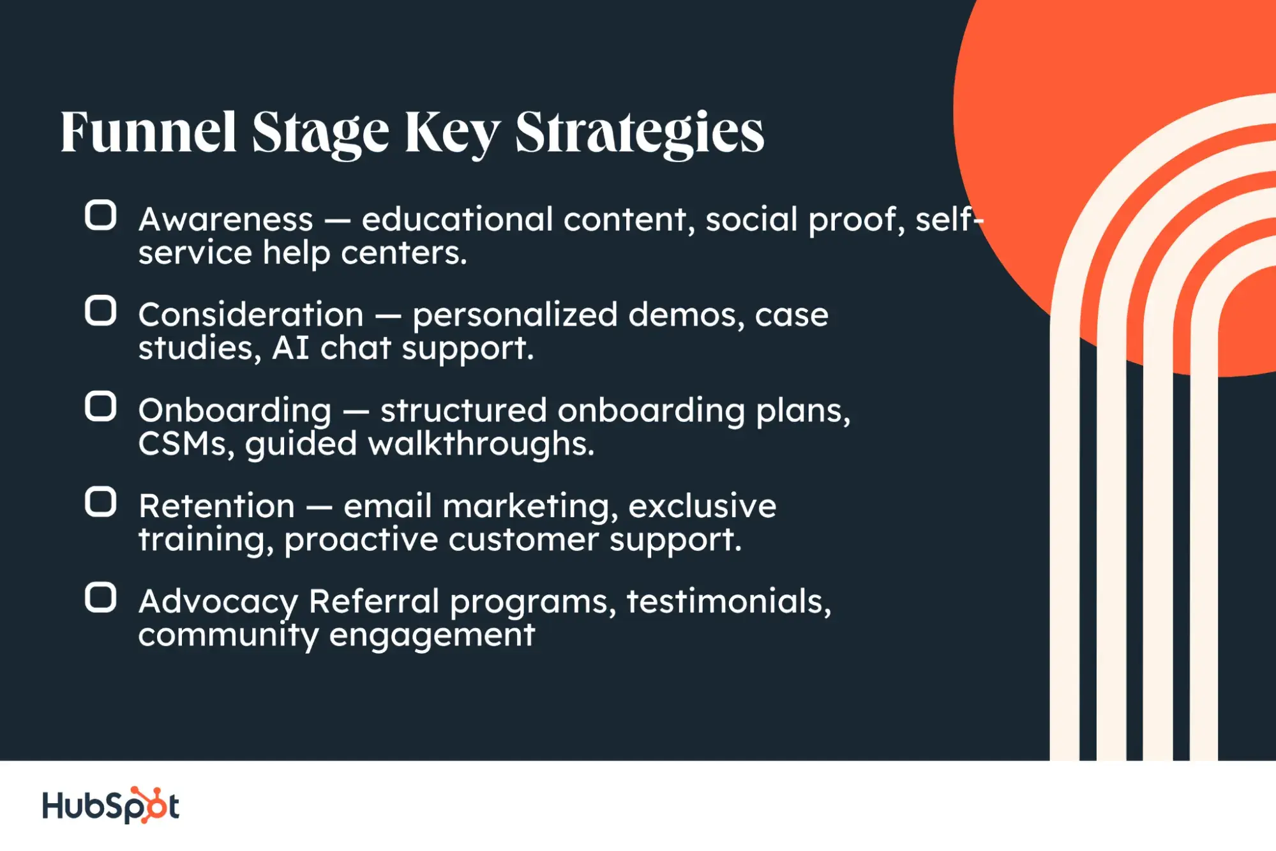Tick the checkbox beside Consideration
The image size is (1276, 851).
tap(101, 311)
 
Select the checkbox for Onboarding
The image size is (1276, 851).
tap(101, 407)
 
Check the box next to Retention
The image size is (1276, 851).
tap(101, 502)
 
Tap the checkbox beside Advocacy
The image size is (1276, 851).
tap(101, 598)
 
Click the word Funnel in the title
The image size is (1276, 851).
tap(148, 133)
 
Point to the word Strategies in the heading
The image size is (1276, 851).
tap(640, 133)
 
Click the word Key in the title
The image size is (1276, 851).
tap(452, 133)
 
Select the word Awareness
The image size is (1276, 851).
tap(226, 220)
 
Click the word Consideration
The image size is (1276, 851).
tap(251, 315)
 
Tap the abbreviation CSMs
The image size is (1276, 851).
tap(182, 444)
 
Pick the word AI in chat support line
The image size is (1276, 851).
tap(290, 349)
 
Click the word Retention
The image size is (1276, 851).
tap(217, 507)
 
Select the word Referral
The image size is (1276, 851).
tap(374, 601)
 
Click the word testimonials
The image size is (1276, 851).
tap(728, 601)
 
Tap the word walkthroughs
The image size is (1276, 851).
tap(481, 444)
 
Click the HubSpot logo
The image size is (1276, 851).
tap(110, 805)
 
